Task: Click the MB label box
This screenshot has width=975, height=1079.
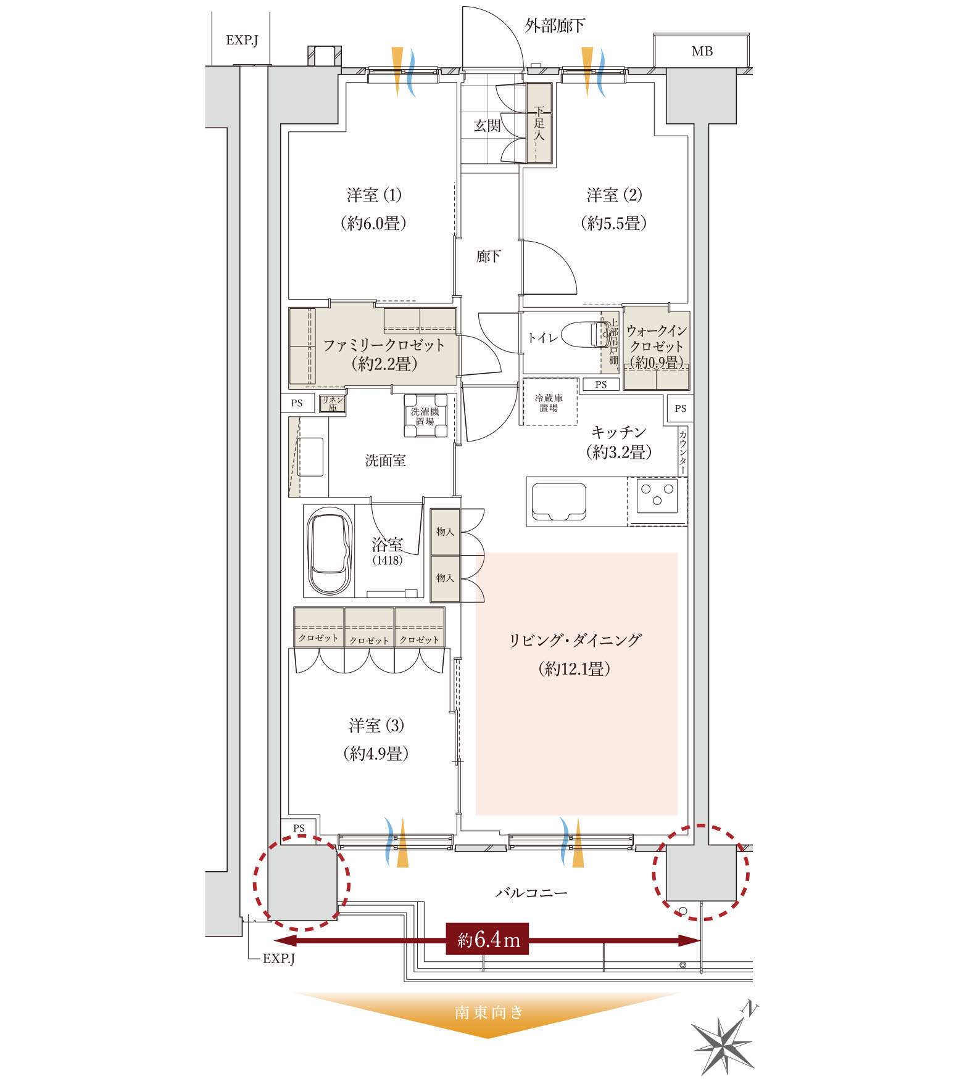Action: [x=702, y=51]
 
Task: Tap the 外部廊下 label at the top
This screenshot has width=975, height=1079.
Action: [x=555, y=25]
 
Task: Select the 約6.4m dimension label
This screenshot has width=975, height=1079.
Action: [x=487, y=939]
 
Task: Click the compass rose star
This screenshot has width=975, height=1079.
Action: [x=723, y=1044]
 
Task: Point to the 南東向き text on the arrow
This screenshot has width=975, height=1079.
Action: [x=489, y=1012]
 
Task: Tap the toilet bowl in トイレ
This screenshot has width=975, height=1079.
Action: [x=584, y=334]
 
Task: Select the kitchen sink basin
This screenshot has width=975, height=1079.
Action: [x=559, y=501]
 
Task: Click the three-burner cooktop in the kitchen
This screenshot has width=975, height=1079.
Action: [x=657, y=495]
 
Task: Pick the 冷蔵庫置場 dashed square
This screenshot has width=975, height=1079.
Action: [x=549, y=402]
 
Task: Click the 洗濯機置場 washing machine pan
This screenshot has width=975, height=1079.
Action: [x=425, y=416]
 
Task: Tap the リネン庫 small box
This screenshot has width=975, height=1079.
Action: [x=332, y=404]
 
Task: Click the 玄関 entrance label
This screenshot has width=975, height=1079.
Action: [x=487, y=126]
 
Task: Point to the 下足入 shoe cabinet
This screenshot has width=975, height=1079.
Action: [x=539, y=123]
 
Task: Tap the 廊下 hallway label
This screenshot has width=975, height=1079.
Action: [x=488, y=256]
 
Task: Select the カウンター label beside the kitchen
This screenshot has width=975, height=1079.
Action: [x=682, y=452]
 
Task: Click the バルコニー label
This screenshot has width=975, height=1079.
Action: [x=531, y=892]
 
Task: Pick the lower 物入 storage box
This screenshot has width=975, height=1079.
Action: [x=445, y=578]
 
